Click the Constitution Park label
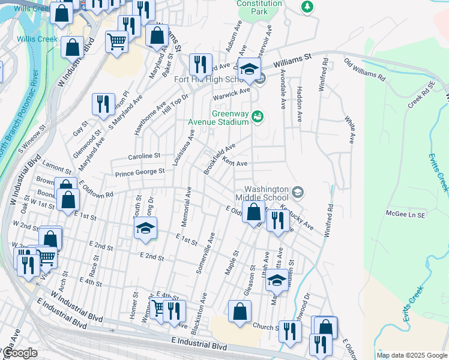point(259,7)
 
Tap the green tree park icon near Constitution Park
point(307,7)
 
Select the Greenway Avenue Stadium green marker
point(258,116)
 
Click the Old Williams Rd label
point(364,69)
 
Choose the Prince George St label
point(140,172)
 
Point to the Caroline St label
point(143,156)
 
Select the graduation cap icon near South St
point(145,228)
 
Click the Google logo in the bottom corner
point(20,353)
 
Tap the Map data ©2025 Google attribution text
point(411,355)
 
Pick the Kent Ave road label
point(235,162)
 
